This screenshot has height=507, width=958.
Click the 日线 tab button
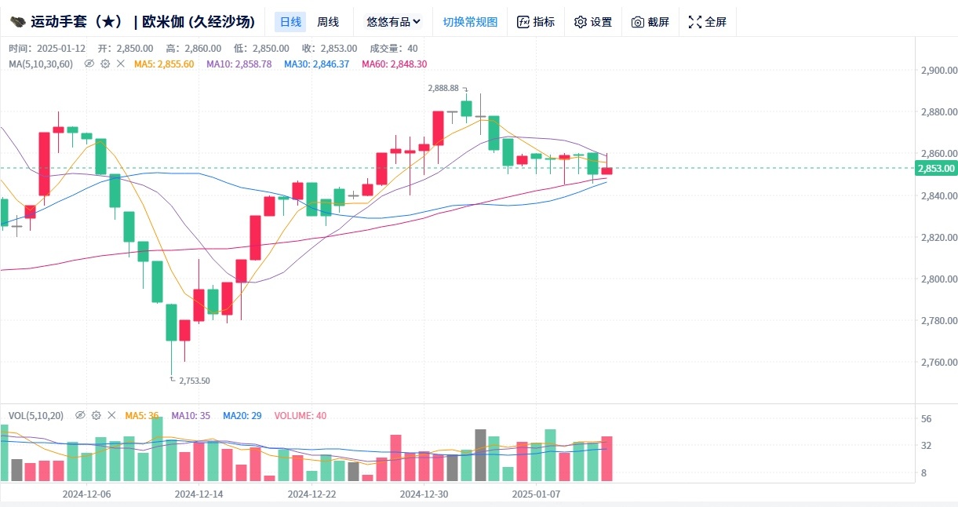(x=290, y=22)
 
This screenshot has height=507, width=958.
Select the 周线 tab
(x=328, y=22)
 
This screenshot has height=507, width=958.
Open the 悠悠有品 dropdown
(x=393, y=22)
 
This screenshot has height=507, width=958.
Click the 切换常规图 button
(x=470, y=22)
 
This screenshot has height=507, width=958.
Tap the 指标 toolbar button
(x=536, y=22)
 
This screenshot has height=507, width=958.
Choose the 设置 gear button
(x=593, y=22)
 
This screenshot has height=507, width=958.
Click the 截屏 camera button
(x=650, y=22)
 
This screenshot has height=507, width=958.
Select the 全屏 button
(x=708, y=22)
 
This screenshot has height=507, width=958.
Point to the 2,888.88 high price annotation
(x=443, y=89)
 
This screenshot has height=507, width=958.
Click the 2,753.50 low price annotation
(x=194, y=381)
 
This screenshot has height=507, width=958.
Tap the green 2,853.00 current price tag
(x=936, y=168)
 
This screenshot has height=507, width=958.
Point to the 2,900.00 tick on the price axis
(x=938, y=71)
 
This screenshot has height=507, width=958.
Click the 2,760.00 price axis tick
(x=938, y=363)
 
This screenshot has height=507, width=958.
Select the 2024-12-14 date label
(x=199, y=494)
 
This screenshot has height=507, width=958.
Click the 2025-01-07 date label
(x=536, y=494)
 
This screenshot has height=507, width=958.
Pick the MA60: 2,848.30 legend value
(x=394, y=64)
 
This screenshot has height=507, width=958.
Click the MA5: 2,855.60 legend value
(x=164, y=64)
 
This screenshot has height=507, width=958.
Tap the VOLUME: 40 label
(x=301, y=415)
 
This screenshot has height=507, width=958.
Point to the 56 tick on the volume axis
(x=926, y=419)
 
